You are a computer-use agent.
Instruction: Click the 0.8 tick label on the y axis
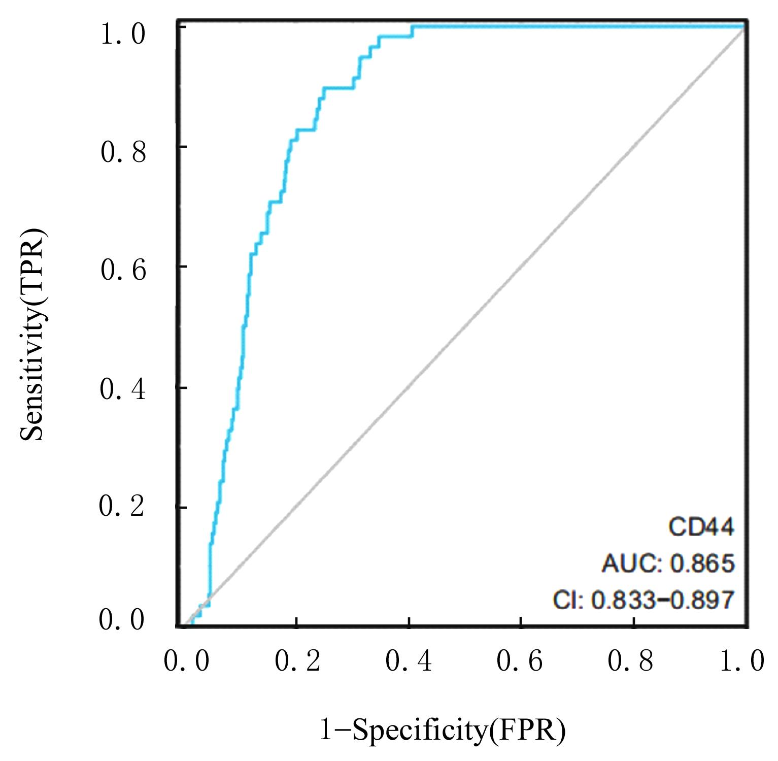coord(123,152)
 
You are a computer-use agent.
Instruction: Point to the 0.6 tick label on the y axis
coord(123,270)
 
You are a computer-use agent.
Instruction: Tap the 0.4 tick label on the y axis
coord(123,389)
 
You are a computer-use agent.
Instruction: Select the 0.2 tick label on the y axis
coord(123,507)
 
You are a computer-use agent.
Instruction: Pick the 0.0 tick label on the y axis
coord(123,620)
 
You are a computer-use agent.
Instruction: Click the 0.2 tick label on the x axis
coord(298,661)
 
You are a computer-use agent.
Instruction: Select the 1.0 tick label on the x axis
coord(742,661)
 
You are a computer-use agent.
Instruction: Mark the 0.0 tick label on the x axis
coord(186,661)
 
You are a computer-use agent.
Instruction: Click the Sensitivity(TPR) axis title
coord(34,335)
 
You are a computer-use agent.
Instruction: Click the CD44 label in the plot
coord(701,528)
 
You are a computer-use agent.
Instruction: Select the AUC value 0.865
coord(702,564)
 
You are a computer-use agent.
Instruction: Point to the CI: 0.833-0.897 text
coord(644,601)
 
